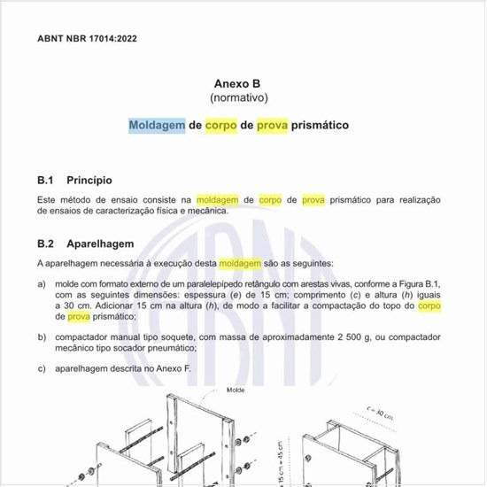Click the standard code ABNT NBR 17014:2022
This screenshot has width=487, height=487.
[87, 39]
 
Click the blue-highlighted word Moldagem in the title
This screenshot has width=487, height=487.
[157, 126]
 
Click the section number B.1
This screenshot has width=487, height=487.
[47, 180]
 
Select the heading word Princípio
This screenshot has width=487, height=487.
[92, 180]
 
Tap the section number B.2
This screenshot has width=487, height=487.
[47, 243]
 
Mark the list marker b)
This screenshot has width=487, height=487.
[43, 337]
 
